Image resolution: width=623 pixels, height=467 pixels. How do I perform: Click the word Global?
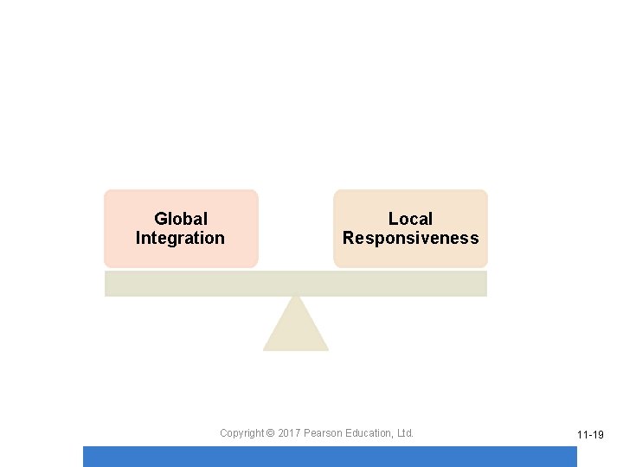181,219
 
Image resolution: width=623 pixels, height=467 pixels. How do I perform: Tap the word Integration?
180,238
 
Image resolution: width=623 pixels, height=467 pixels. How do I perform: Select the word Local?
410,219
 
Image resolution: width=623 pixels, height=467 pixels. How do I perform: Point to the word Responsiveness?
410,238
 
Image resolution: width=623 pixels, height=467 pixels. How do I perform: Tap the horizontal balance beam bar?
296,283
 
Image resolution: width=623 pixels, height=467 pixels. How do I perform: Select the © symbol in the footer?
270,432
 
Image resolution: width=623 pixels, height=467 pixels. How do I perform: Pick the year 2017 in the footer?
289,432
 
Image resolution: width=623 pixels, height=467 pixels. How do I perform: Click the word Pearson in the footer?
323,432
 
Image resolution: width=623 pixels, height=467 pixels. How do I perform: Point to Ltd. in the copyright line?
405,432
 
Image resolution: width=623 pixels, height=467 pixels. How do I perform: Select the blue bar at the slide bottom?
329,457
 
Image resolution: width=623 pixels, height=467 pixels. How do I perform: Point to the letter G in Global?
160,219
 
